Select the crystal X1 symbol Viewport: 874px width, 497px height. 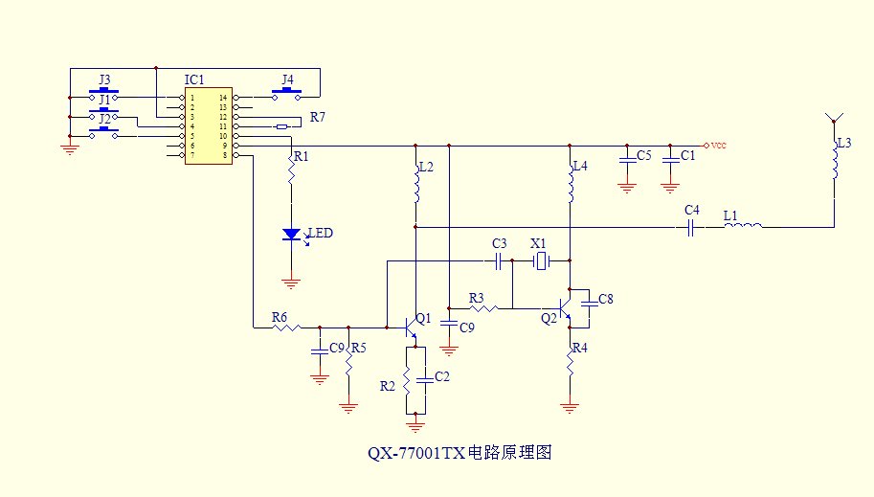[541, 260]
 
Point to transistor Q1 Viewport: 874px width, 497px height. [412, 327]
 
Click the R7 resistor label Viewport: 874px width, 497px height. [317, 119]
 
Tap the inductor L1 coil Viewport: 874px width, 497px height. [744, 227]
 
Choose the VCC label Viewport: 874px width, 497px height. [718, 146]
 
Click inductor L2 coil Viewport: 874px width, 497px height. [416, 188]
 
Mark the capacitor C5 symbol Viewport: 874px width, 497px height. [627, 157]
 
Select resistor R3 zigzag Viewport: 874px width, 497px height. [484, 307]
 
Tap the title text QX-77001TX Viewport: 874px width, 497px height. [416, 454]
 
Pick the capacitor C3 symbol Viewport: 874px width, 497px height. [499, 260]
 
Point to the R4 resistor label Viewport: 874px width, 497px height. [580, 348]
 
